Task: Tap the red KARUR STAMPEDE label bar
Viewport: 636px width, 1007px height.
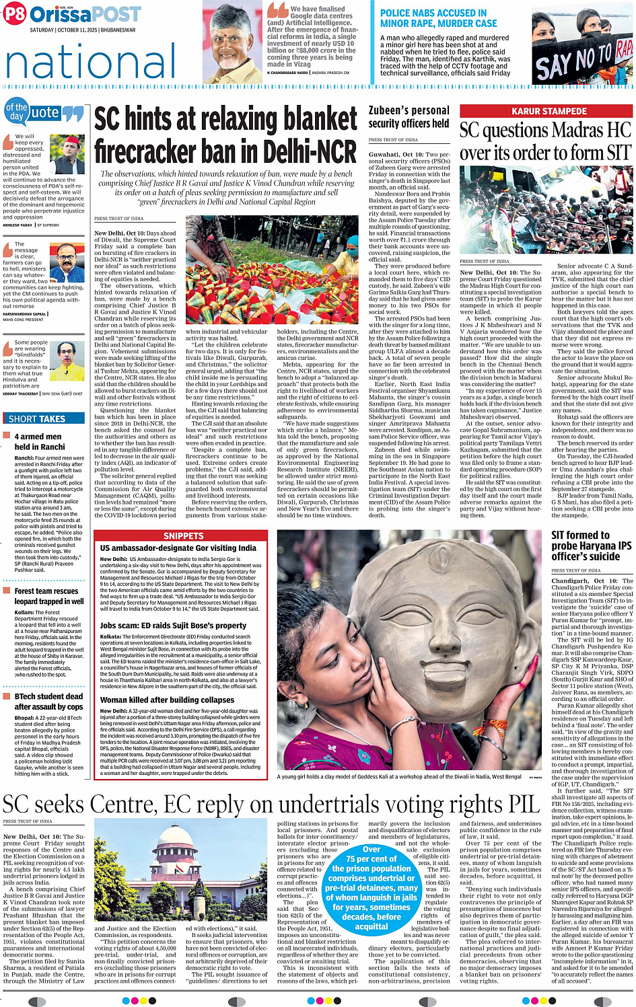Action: pyautogui.click(x=547, y=111)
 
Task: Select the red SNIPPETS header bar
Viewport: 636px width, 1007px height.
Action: pyautogui.click(x=183, y=536)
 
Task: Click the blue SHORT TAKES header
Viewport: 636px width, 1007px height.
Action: pyautogui.click(x=37, y=418)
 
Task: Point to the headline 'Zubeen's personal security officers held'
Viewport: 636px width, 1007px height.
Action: pyautogui.click(x=409, y=116)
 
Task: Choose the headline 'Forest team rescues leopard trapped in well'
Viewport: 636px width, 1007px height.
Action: pyautogui.click(x=48, y=596)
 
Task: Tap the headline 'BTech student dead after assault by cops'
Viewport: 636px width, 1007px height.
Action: pyautogui.click(x=48, y=701)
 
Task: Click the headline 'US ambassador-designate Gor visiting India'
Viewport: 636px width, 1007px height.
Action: pyautogui.click(x=178, y=548)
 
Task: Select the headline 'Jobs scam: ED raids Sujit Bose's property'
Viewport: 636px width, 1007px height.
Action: pyautogui.click(x=174, y=625)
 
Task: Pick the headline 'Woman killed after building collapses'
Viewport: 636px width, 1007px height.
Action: pyautogui.click(x=168, y=700)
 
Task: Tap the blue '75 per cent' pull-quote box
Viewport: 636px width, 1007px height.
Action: pyautogui.click(x=371, y=887)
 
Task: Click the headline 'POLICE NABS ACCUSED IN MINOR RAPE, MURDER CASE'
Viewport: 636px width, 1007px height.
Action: pyautogui.click(x=438, y=18)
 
